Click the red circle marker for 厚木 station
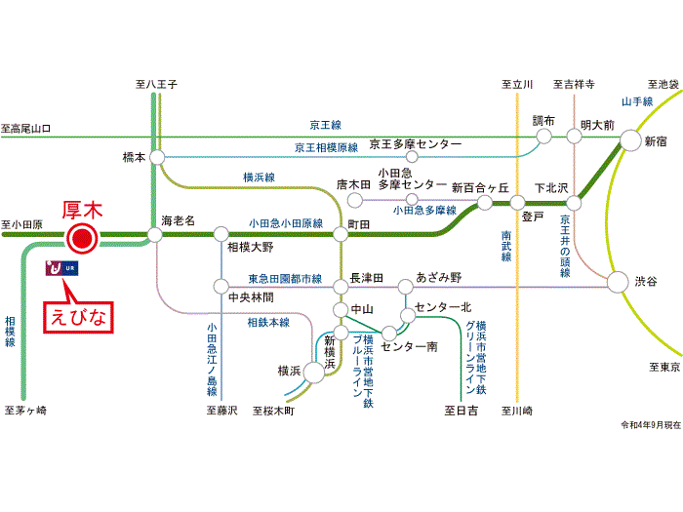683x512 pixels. (x=83, y=236)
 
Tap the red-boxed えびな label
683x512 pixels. (x=83, y=317)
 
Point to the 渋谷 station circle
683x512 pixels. (x=617, y=282)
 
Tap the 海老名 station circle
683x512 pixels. (x=153, y=235)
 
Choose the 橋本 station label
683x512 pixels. (x=134, y=156)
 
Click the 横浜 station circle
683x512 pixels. (x=313, y=372)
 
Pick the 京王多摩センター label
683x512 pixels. (x=416, y=144)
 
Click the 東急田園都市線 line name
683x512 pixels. (x=284, y=279)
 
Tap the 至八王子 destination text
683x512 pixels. (x=155, y=85)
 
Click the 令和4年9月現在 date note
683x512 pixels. (x=648, y=426)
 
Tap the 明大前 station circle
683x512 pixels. (x=575, y=137)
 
